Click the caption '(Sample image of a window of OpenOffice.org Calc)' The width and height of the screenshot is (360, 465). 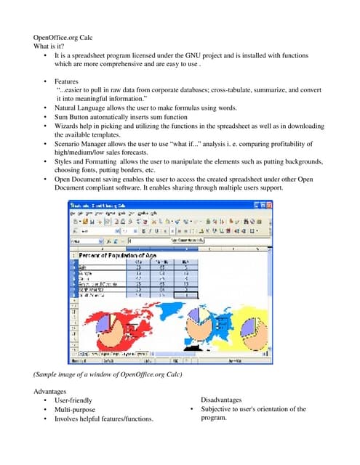(x=108, y=374)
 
